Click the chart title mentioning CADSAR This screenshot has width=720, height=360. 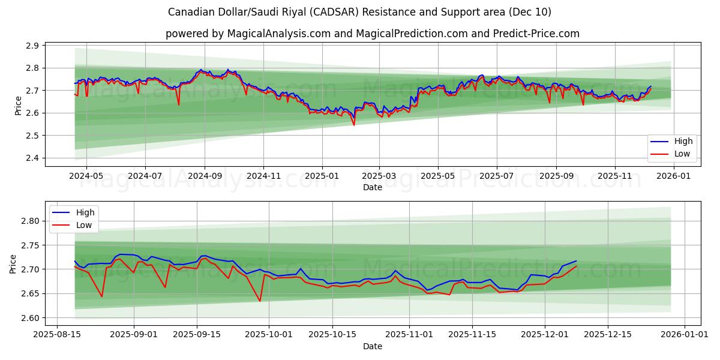[x=359, y=12]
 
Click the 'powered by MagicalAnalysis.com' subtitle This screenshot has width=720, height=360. [x=372, y=34]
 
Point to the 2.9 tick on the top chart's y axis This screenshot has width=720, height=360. [x=33, y=46]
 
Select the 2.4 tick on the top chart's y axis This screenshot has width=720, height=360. [x=33, y=158]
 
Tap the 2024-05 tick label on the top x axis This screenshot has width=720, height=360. [x=86, y=176]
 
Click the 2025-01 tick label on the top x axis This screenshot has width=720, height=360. [x=322, y=176]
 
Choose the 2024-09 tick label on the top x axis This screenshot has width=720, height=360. [x=204, y=176]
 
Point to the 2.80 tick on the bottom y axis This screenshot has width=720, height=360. [x=30, y=221]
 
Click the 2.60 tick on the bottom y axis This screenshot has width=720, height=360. [x=30, y=318]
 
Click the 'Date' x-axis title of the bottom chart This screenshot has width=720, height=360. [x=372, y=346]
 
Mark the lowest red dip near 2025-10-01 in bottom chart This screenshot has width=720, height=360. [x=260, y=301]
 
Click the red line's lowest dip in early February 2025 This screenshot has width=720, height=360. [x=354, y=125]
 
